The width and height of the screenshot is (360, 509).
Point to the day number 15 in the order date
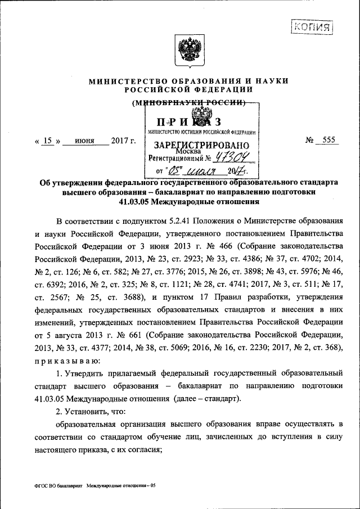tap(48, 141)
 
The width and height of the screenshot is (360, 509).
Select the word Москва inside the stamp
tap(187, 151)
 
